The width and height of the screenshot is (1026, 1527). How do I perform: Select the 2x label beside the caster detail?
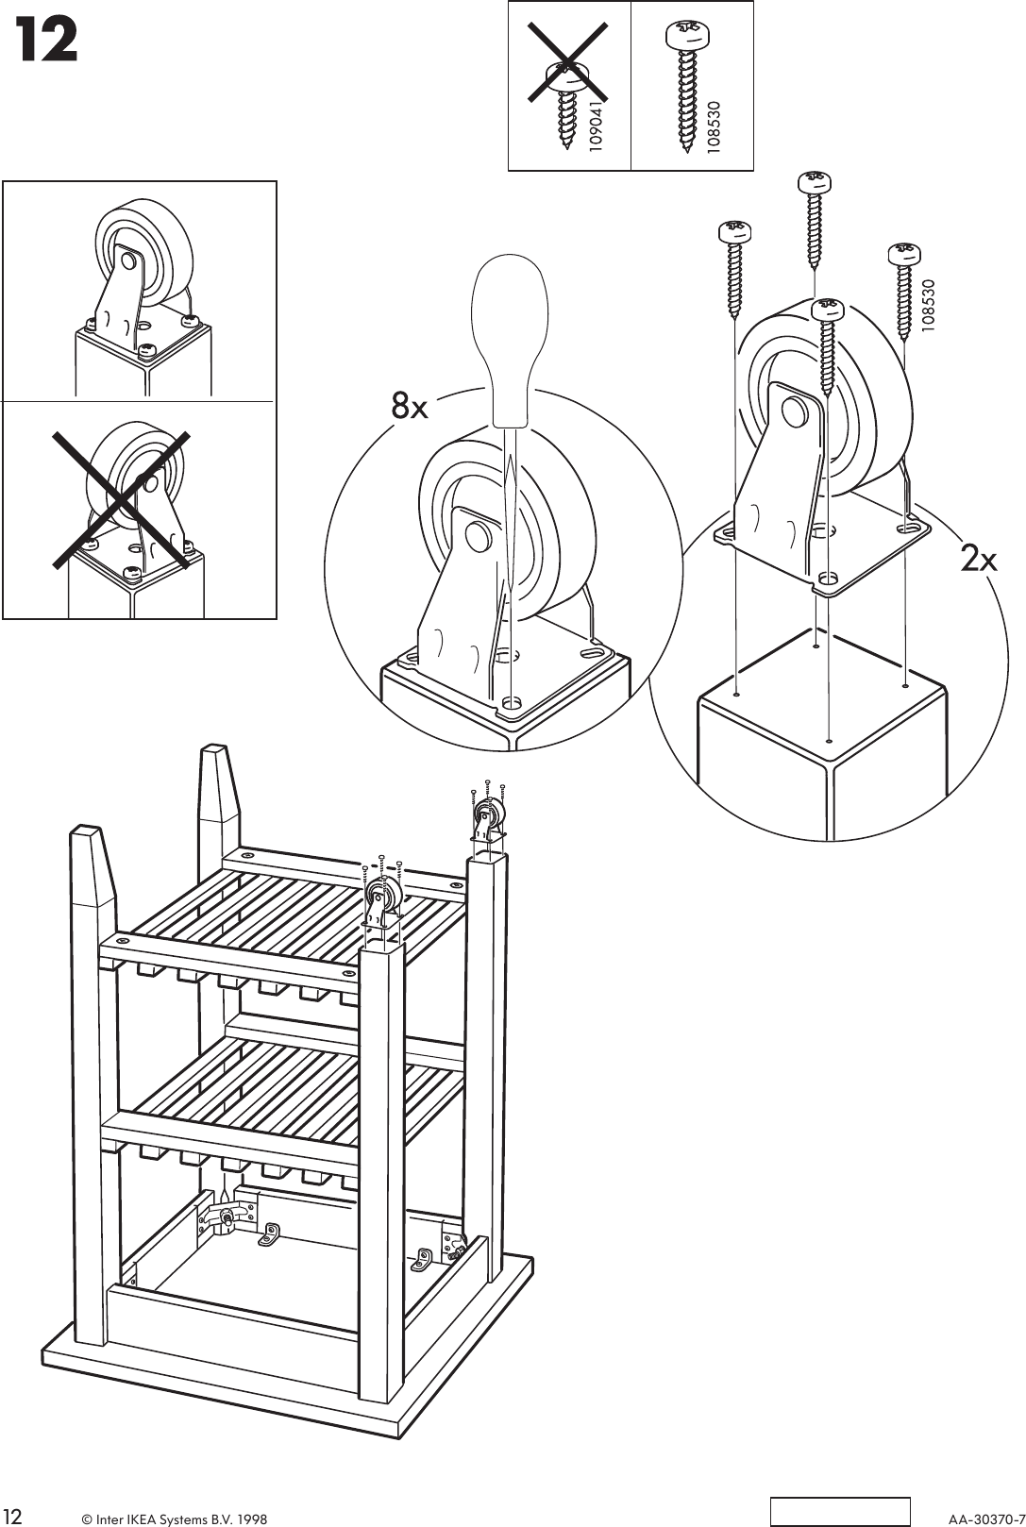coord(979,560)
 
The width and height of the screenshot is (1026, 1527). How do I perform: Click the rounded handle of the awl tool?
coord(510,339)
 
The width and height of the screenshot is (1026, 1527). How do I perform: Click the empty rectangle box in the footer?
coord(840,1510)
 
